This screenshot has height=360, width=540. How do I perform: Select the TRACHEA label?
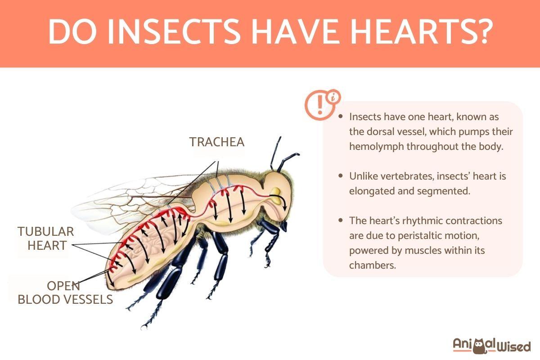pyautogui.click(x=217, y=142)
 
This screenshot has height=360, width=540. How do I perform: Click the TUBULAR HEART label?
pyautogui.click(x=45, y=238)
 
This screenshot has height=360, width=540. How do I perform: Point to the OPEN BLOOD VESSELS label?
pyautogui.click(x=65, y=292)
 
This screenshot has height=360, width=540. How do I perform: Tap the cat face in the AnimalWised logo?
pyautogui.click(x=482, y=345)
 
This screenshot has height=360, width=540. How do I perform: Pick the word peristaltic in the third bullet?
pyautogui.click(x=407, y=235)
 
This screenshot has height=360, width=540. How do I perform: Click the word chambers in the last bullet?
pyautogui.click(x=372, y=265)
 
